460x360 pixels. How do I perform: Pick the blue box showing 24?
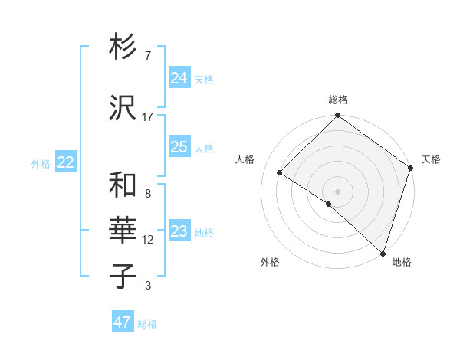pyautogui.click(x=179, y=77)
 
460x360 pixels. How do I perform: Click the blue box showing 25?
pyautogui.click(x=179, y=147)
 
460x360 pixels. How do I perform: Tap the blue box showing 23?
pyautogui.click(x=179, y=231)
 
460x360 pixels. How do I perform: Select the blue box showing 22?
pyautogui.click(x=66, y=162)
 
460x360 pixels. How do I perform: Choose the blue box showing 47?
pyautogui.click(x=123, y=322)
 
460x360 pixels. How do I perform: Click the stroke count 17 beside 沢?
pyautogui.click(x=147, y=116)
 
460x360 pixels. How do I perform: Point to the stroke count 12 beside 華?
pyautogui.click(x=147, y=240)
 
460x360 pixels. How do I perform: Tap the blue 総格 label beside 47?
pyautogui.click(x=148, y=324)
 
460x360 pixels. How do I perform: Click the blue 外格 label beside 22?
pyautogui.click(x=41, y=163)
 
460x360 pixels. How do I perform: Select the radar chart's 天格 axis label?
pyautogui.click(x=431, y=159)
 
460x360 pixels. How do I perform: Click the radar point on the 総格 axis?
pyautogui.click(x=337, y=116)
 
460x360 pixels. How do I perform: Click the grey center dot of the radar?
pyautogui.click(x=337, y=191)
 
